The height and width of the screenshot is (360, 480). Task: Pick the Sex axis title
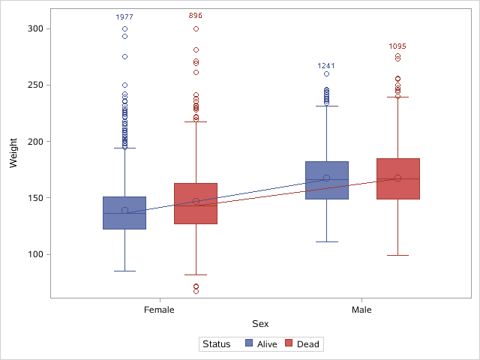pyautogui.click(x=260, y=323)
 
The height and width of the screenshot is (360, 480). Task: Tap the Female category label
pyautogui.click(x=159, y=309)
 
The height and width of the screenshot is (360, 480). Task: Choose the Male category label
pyautogui.click(x=361, y=309)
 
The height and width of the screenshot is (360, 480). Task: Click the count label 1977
pyautogui.click(x=124, y=16)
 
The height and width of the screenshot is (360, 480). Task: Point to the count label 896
pyautogui.click(x=196, y=15)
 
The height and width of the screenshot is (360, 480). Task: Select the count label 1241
pyautogui.click(x=326, y=65)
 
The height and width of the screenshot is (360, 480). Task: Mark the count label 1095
pyautogui.click(x=397, y=46)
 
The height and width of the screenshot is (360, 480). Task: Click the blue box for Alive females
pyautogui.click(x=124, y=212)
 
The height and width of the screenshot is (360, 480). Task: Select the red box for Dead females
pyautogui.click(x=196, y=203)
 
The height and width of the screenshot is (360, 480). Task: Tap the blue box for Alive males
pyautogui.click(x=326, y=180)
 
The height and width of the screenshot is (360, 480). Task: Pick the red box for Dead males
pyautogui.click(x=397, y=178)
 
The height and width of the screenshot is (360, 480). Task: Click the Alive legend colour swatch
pyautogui.click(x=251, y=344)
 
